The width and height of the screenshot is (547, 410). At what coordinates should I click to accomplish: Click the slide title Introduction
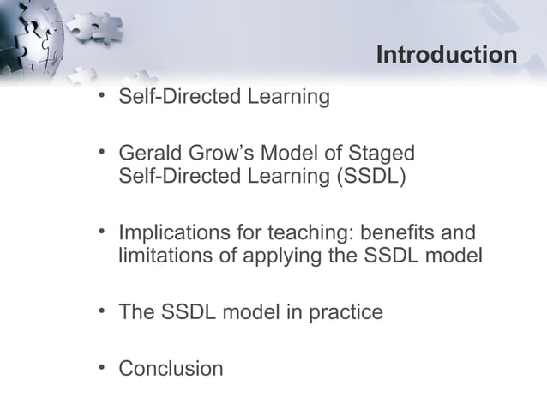pos(446,56)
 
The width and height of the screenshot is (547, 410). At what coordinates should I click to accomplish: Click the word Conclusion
pos(171,369)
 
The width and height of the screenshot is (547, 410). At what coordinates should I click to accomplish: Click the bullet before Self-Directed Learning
pos(102,95)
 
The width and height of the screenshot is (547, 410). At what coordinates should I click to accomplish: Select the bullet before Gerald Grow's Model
pos(102,153)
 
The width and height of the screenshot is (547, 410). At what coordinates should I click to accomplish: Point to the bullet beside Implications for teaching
pos(102,232)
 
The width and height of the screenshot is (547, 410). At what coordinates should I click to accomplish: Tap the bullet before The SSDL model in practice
pos(102,311)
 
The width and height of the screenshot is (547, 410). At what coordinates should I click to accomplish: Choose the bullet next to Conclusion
pos(102,367)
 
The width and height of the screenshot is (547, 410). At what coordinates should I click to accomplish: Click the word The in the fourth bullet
pos(136,313)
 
